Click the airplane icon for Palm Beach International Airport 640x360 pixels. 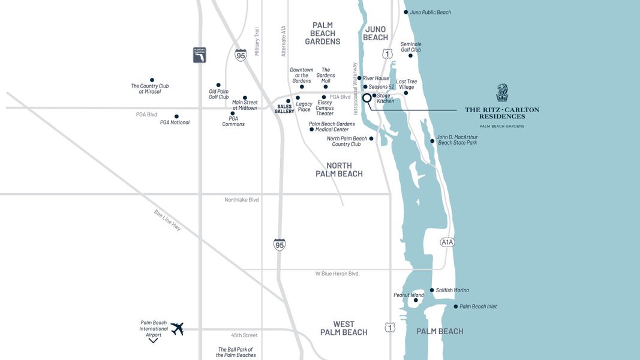pyautogui.click(x=176, y=328)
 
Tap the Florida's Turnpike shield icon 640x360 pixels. pyautogui.click(x=199, y=55)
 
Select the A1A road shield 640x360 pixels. pyautogui.click(x=447, y=242)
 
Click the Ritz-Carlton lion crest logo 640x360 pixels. pyautogui.click(x=502, y=93)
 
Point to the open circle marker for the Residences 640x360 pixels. pyautogui.click(x=367, y=98)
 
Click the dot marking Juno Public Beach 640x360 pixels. pyautogui.click(x=405, y=12)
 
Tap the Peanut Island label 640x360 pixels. pyautogui.click(x=408, y=295)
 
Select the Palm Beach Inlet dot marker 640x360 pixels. pyautogui.click(x=455, y=307)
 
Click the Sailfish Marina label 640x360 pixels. pyautogui.click(x=452, y=290)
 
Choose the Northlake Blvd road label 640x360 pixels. pyautogui.click(x=242, y=200)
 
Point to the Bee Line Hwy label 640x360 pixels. pyautogui.click(x=167, y=220)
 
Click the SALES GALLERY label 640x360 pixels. pyautogui.click(x=284, y=109)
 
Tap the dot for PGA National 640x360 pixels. pyautogui.click(x=176, y=116)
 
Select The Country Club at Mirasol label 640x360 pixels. pyautogui.click(x=149, y=89)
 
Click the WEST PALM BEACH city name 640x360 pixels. pyautogui.click(x=344, y=328)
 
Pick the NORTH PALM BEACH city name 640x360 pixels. pyautogui.click(x=339, y=170)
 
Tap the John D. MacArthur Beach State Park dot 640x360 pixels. pyautogui.click(x=432, y=142)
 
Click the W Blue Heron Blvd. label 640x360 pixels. pyautogui.click(x=337, y=274)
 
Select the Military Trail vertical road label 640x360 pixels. pyautogui.click(x=257, y=41)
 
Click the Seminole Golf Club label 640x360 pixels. pyautogui.click(x=411, y=47)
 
